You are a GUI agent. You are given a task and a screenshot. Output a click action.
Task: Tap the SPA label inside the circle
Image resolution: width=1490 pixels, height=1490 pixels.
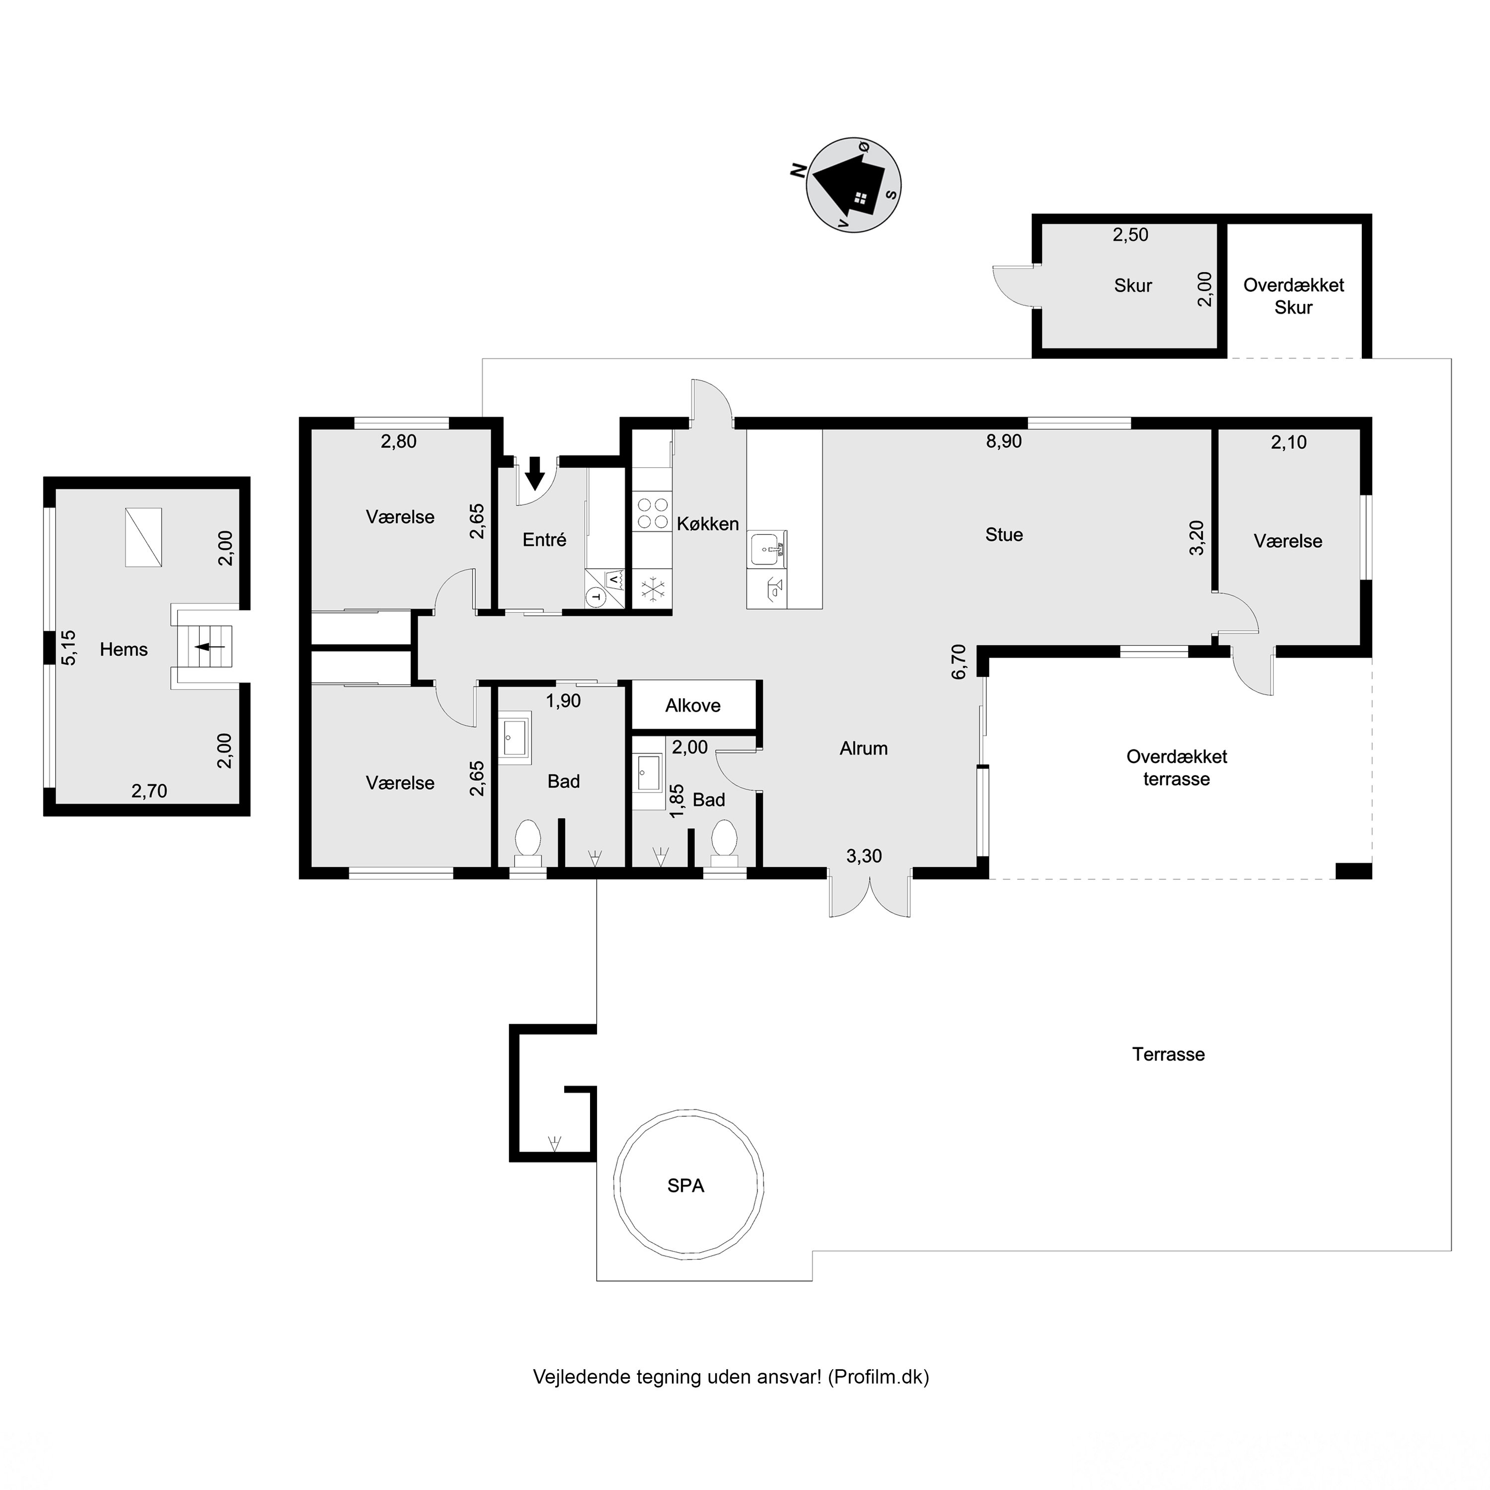tap(685, 1186)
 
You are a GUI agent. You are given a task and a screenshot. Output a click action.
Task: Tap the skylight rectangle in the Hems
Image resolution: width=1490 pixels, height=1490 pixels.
tap(144, 537)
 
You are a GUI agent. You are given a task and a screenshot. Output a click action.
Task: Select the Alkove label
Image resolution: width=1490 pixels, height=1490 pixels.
tap(692, 705)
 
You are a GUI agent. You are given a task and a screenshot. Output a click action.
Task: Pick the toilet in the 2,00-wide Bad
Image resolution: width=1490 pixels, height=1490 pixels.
tap(724, 838)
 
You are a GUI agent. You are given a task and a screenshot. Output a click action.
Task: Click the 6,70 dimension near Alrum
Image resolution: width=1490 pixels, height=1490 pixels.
tap(959, 661)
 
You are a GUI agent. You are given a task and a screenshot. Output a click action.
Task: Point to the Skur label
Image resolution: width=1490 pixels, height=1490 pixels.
tap(1133, 286)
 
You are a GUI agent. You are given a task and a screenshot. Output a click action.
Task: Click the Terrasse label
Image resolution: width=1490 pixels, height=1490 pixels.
tap(1168, 1054)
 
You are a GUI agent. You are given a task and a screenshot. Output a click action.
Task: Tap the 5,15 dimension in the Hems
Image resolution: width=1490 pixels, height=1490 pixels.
tap(69, 647)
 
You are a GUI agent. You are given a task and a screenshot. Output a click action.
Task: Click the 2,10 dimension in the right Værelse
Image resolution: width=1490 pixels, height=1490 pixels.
tap(1288, 442)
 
